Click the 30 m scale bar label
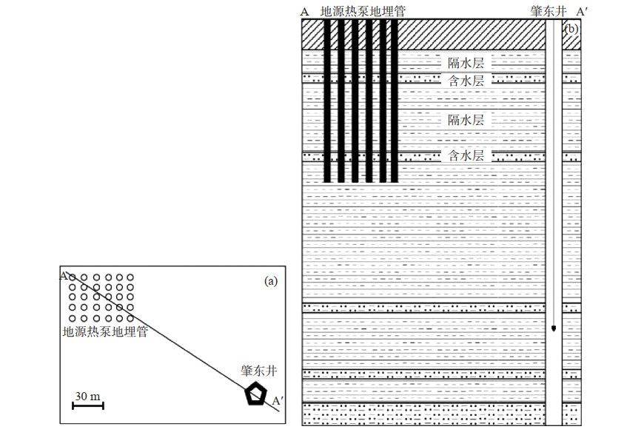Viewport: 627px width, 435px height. click(x=87, y=397)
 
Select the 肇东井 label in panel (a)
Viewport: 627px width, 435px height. click(x=259, y=370)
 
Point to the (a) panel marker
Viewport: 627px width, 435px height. click(x=271, y=280)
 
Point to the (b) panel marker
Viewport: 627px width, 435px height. click(x=571, y=29)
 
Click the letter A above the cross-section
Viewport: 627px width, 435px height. click(x=305, y=12)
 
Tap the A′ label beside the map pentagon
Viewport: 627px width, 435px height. click(x=278, y=400)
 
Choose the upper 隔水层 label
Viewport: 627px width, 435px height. click(x=466, y=64)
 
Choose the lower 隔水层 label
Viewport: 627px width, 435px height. click(x=466, y=119)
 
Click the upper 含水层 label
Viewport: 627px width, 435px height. click(x=466, y=80)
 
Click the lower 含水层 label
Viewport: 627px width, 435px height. click(x=466, y=155)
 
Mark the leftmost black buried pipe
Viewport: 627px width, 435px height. click(x=327, y=100)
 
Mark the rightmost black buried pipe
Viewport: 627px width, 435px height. click(x=395, y=100)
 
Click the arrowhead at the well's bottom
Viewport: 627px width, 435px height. click(x=554, y=328)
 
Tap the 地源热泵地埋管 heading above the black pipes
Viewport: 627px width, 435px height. click(x=367, y=12)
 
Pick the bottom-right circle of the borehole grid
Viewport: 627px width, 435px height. click(x=130, y=319)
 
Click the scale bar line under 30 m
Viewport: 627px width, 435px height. click(x=87, y=405)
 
